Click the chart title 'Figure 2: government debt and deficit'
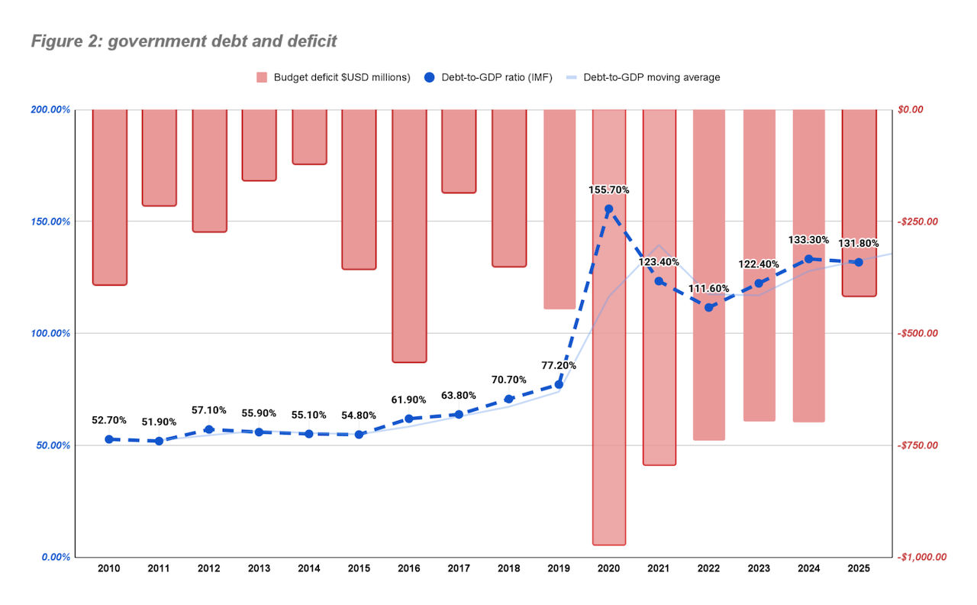click(x=183, y=41)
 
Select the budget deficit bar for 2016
click(x=409, y=235)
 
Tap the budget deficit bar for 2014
click(x=309, y=137)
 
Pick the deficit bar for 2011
click(x=160, y=157)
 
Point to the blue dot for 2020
click(x=609, y=209)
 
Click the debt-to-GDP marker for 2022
click(x=709, y=307)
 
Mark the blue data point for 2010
click(x=109, y=439)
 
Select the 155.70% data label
click(x=609, y=189)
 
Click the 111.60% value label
click(x=708, y=289)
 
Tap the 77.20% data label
click(x=559, y=365)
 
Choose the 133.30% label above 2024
click(x=808, y=240)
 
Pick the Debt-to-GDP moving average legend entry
click(x=651, y=77)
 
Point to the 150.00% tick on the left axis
click(x=50, y=222)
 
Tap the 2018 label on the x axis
click(x=508, y=569)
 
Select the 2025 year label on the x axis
click(x=859, y=569)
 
